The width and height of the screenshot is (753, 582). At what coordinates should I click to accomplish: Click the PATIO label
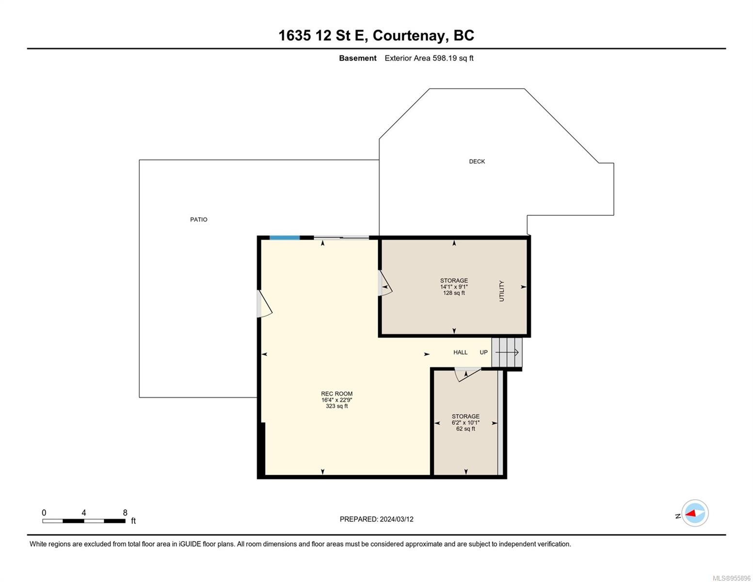point(199,219)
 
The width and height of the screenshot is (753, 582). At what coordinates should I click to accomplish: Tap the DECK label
point(477,161)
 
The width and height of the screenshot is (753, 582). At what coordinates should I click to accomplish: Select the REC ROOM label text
point(336,394)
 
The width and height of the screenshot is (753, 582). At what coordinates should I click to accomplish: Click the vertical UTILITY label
point(501,291)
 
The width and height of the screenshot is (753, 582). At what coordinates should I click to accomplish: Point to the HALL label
point(460,352)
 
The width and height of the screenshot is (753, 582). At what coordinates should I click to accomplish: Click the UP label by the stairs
point(483,352)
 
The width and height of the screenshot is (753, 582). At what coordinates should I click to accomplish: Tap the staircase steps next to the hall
point(507,352)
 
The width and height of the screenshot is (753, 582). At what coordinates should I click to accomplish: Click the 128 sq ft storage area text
point(454,293)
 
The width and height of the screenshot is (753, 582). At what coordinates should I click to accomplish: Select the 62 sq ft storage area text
point(465,429)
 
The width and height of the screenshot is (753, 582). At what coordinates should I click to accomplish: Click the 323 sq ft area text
point(336,406)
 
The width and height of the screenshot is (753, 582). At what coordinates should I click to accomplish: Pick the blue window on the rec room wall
point(285,238)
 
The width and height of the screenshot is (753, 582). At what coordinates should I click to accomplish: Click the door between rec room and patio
point(264,304)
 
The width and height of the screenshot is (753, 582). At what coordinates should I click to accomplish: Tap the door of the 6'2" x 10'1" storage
point(467,374)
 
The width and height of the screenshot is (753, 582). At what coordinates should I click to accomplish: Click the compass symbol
point(695,513)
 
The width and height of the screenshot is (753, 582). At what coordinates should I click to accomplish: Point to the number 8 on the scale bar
point(125,512)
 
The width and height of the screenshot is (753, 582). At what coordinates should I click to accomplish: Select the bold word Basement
point(358,58)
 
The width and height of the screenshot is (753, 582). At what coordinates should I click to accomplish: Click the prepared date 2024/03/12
point(397,519)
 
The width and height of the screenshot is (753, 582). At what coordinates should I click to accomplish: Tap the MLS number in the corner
point(732,578)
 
